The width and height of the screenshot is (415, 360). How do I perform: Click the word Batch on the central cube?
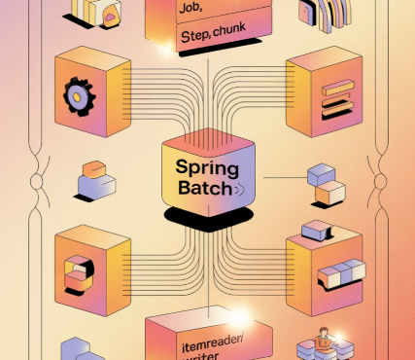pos(199,189)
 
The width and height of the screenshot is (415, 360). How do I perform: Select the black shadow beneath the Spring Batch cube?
pos(202,215)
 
